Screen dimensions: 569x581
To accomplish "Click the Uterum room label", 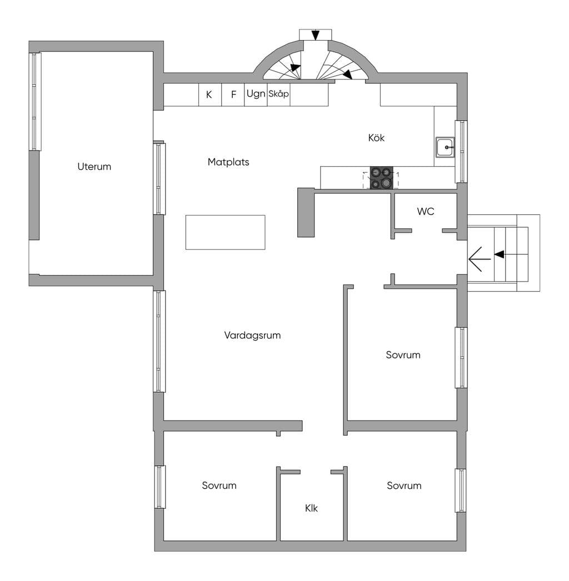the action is [94, 167].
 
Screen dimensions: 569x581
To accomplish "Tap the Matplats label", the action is [228, 162].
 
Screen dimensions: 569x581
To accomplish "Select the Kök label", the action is [376, 138].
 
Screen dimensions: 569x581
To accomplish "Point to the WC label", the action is [426, 212].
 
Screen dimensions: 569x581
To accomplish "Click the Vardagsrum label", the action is [252, 335].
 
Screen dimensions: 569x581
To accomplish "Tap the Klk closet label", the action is [311, 508].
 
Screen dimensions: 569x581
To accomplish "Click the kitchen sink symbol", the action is [445, 148].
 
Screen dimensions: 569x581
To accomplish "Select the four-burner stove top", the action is [381, 178].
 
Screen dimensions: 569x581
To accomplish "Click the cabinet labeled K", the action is [210, 95].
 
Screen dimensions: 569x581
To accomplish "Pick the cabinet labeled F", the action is [233, 95].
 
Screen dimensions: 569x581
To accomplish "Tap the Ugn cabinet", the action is [256, 95].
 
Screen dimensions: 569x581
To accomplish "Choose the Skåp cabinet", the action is [279, 95].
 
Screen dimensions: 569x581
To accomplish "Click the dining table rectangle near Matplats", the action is [226, 232].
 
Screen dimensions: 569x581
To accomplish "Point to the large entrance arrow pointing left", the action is [480, 259].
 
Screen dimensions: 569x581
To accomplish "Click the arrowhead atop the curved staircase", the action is [315, 35].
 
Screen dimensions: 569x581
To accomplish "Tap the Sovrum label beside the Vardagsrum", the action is [403, 355].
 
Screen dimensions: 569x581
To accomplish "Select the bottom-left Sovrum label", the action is [219, 485].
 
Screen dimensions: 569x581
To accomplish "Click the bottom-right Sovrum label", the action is [404, 485].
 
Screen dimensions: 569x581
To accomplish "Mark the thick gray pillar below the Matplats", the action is [306, 212].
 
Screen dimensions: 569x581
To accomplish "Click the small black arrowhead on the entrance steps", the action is [500, 254].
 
